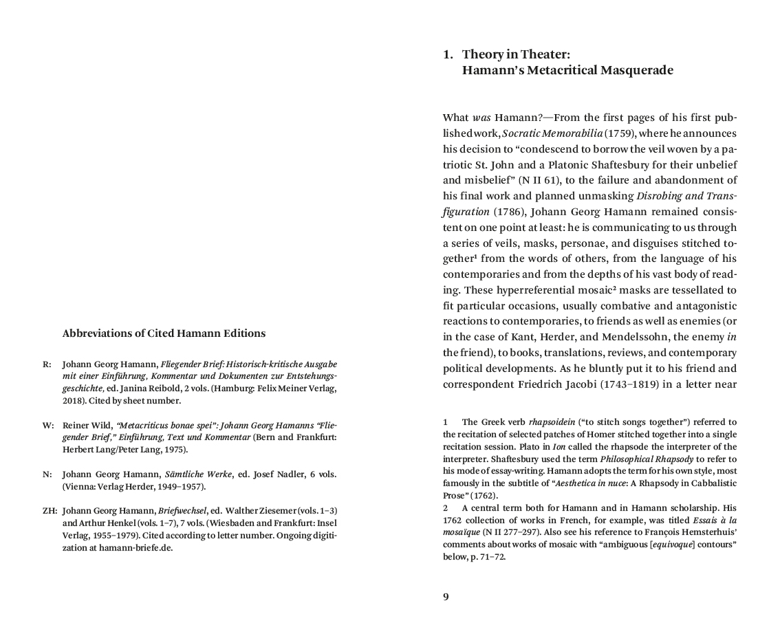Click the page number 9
coord(446,596)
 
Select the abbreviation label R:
coord(47,364)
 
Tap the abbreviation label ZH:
coord(49,511)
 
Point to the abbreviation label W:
coord(47,425)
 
